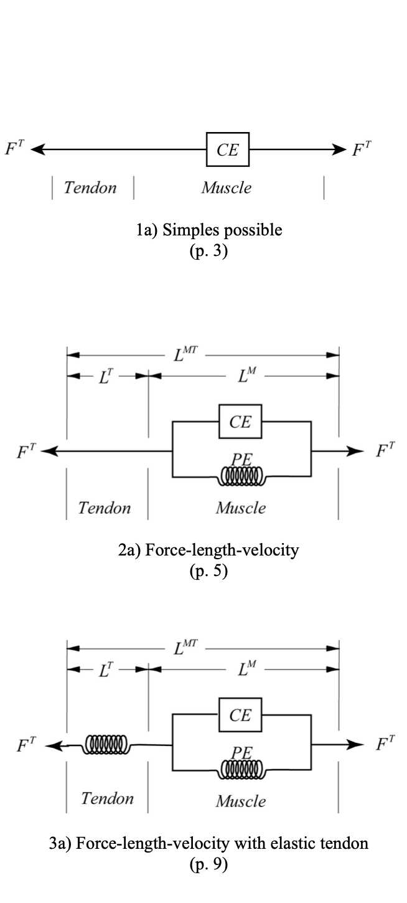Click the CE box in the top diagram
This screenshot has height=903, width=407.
pyautogui.click(x=228, y=149)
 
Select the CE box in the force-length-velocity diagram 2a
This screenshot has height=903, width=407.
pyautogui.click(x=240, y=422)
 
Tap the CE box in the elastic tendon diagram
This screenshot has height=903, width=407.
pyautogui.click(x=240, y=715)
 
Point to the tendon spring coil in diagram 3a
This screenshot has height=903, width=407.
pyautogui.click(x=107, y=744)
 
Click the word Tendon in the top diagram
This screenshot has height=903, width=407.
pyautogui.click(x=90, y=188)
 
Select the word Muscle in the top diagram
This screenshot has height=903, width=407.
pyautogui.click(x=226, y=188)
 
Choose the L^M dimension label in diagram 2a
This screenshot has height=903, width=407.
pyautogui.click(x=247, y=376)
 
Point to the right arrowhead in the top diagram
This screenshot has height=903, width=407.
pyautogui.click(x=339, y=149)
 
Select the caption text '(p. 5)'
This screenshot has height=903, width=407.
pyautogui.click(x=208, y=570)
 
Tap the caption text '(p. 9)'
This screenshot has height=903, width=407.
pyautogui.click(x=208, y=864)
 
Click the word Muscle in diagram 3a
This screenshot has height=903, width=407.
pyautogui.click(x=241, y=801)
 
